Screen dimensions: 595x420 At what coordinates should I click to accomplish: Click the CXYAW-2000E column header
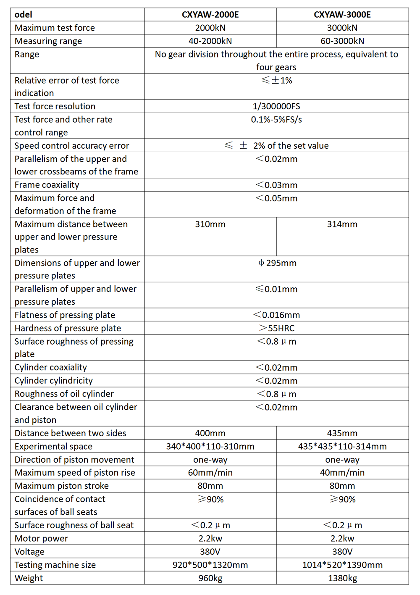pyautogui.click(x=210, y=15)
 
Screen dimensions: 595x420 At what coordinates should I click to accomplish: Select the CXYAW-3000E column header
pyautogui.click(x=342, y=15)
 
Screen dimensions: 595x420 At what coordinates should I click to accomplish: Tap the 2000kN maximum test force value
pyautogui.click(x=210, y=28)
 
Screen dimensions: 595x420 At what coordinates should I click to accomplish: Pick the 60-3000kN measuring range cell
pyautogui.click(x=342, y=41)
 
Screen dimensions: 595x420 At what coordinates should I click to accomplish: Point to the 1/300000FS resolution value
pyautogui.click(x=276, y=106)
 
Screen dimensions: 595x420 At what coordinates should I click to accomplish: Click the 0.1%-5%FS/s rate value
pyautogui.click(x=276, y=119)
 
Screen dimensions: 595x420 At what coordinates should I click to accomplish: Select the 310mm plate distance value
pyautogui.click(x=210, y=224)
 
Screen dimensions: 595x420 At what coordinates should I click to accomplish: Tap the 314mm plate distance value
pyautogui.click(x=342, y=224)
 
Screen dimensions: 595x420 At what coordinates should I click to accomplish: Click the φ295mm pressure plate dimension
pyautogui.click(x=277, y=263)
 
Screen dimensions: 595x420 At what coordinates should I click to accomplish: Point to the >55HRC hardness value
pyautogui.click(x=277, y=328)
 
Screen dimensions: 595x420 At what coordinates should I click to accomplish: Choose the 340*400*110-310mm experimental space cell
pyautogui.click(x=210, y=446)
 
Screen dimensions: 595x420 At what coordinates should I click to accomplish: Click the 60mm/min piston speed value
pyautogui.click(x=210, y=473)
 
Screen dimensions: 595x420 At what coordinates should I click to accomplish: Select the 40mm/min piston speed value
pyautogui.click(x=342, y=473)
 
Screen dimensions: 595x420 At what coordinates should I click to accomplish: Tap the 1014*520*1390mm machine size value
pyautogui.click(x=342, y=565)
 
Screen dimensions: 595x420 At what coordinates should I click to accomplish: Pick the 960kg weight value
pyautogui.click(x=210, y=578)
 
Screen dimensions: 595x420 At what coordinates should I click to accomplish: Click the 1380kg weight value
pyautogui.click(x=342, y=578)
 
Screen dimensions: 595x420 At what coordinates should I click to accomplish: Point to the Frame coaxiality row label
pyautogui.click(x=47, y=185)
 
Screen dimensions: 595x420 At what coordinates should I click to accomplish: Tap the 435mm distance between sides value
pyautogui.click(x=342, y=433)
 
